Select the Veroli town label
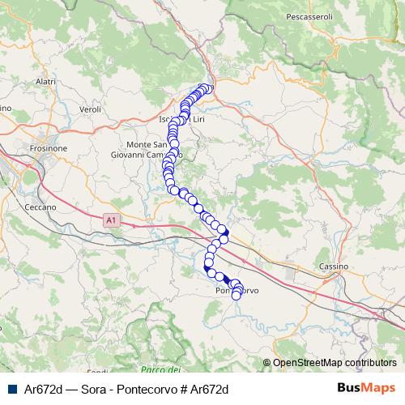pyautogui.click(x=89, y=109)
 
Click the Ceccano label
pyautogui.click(x=39, y=207)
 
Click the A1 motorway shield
pyautogui.click(x=111, y=219)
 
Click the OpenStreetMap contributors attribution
pyautogui.click(x=334, y=363)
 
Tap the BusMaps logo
pyautogui.click(x=367, y=388)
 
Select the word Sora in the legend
pyautogui.click(x=93, y=389)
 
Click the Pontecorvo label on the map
pyautogui.click(x=237, y=291)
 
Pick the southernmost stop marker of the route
pyautogui.click(x=237, y=296)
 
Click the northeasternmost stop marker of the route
pyautogui.click(x=209, y=88)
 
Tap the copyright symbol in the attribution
pyautogui.click(x=266, y=363)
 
